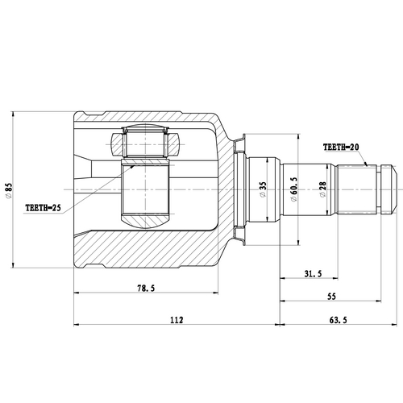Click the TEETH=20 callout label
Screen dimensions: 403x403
click(344, 147)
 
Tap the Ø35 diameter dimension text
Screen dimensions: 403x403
click(262, 191)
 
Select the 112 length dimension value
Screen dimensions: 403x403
click(177, 321)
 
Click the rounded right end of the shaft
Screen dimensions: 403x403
click(393, 190)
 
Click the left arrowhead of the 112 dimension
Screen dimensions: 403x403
click(77, 326)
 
